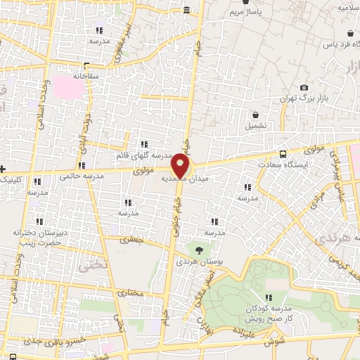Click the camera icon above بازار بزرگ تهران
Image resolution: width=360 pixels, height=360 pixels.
(304, 87)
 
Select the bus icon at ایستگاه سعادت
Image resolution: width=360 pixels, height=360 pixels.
(283, 154)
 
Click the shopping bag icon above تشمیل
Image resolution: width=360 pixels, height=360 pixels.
(255, 114)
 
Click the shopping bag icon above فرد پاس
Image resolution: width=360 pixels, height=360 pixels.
(350, 33)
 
